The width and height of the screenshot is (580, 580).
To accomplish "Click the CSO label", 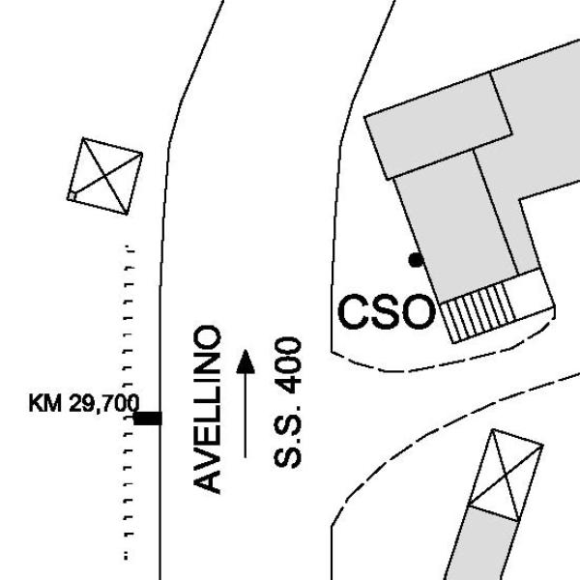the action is coord(386,311).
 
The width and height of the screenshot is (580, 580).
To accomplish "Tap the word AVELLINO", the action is coord(207,410).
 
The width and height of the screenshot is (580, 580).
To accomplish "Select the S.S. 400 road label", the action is coord(287,402).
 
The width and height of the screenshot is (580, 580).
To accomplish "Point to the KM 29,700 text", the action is coord(84,403).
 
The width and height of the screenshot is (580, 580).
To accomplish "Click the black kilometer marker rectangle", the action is coord(148,419).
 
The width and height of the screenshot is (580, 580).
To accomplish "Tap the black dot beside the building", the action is coord(416,260).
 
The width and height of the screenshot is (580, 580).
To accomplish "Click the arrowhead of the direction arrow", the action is coord(246,361).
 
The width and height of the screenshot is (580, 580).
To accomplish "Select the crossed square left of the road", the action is coord(105,176).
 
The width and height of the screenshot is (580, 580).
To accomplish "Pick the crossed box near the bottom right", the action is coord(507,476).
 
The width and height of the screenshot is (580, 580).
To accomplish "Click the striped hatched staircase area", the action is coord(478,311).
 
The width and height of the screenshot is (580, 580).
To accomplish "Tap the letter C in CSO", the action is coord(353,311).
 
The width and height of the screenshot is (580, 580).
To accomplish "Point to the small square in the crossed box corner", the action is coord(72,195).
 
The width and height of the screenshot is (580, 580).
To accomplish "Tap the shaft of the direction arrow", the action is coord(245,415).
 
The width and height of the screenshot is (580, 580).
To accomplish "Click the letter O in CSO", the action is coord(419,311).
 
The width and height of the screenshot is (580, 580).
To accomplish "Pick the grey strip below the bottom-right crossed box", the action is coord(480,543).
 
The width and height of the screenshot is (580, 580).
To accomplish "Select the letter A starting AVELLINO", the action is coord(207,479).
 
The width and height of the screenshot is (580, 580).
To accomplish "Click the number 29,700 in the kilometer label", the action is coord(104,403).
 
